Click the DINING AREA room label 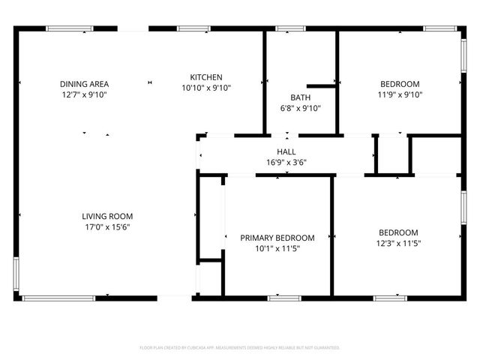coord(84,84)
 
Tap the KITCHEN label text coord(205,77)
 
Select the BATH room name coord(301,97)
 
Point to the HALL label coord(286,151)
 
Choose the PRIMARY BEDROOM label coord(277,238)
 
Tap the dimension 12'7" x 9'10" coord(84,94)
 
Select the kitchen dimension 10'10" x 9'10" coord(205,88)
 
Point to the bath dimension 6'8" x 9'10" coord(301,108)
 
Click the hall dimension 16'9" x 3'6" coord(286,162)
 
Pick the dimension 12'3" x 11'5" coord(398,243)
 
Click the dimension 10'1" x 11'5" coord(277,248)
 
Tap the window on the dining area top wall coord(70,28)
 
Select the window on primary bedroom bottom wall coord(284,298)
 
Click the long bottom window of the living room coord(58,298)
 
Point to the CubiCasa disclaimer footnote coord(240,348)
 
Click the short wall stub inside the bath coord(321,86)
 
